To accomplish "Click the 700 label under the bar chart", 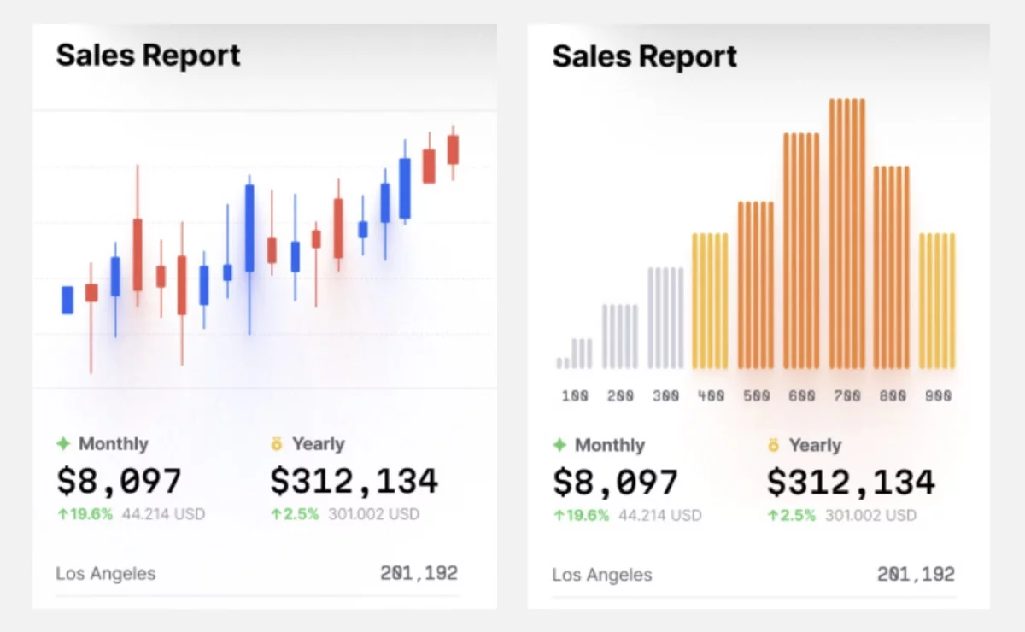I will pyautogui.click(x=846, y=396).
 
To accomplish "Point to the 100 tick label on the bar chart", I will pyautogui.click(x=575, y=396).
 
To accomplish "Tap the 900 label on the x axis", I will pyautogui.click(x=938, y=396).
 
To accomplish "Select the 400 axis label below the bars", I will pyautogui.click(x=711, y=396).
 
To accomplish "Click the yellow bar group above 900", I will pyautogui.click(x=937, y=301).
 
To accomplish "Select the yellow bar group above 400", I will pyautogui.click(x=711, y=301).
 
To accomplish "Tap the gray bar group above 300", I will pyautogui.click(x=665, y=318).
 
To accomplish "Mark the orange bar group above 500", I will pyautogui.click(x=756, y=284).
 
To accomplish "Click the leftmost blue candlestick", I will pyautogui.click(x=67, y=300).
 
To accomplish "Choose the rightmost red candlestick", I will pyautogui.click(x=453, y=149).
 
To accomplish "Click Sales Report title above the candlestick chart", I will pyautogui.click(x=149, y=56).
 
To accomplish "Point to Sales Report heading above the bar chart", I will pyautogui.click(x=645, y=56).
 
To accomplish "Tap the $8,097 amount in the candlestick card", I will pyautogui.click(x=119, y=481).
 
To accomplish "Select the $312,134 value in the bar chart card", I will pyautogui.click(x=851, y=483).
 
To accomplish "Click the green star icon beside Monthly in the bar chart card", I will pyautogui.click(x=559, y=445).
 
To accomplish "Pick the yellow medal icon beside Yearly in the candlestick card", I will pyautogui.click(x=277, y=443).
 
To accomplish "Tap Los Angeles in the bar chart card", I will pyautogui.click(x=602, y=575).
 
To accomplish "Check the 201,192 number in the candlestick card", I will pyautogui.click(x=419, y=573).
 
